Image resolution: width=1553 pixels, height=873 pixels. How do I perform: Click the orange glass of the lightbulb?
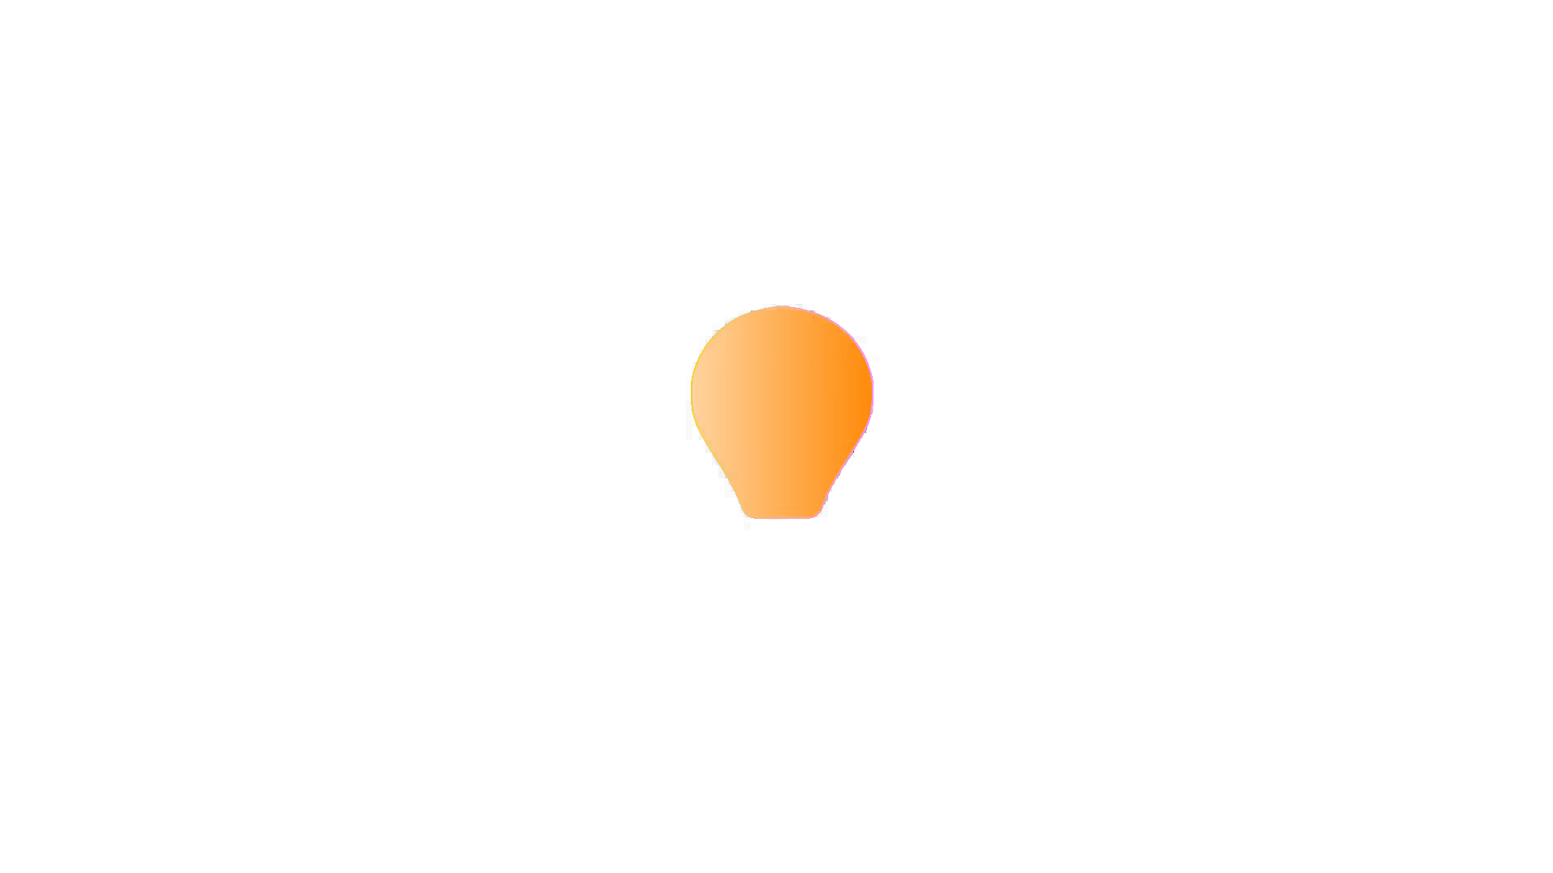pyautogui.click(x=781, y=404)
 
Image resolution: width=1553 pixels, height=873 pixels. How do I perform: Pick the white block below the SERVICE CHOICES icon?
pyautogui.click(x=529, y=576)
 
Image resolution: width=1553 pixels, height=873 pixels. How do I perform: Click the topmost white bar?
pyautogui.click(x=666, y=63)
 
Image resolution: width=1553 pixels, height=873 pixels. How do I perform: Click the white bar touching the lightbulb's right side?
pyautogui.click(x=1033, y=414)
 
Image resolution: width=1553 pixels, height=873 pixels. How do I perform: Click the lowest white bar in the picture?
pyautogui.click(x=997, y=632)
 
